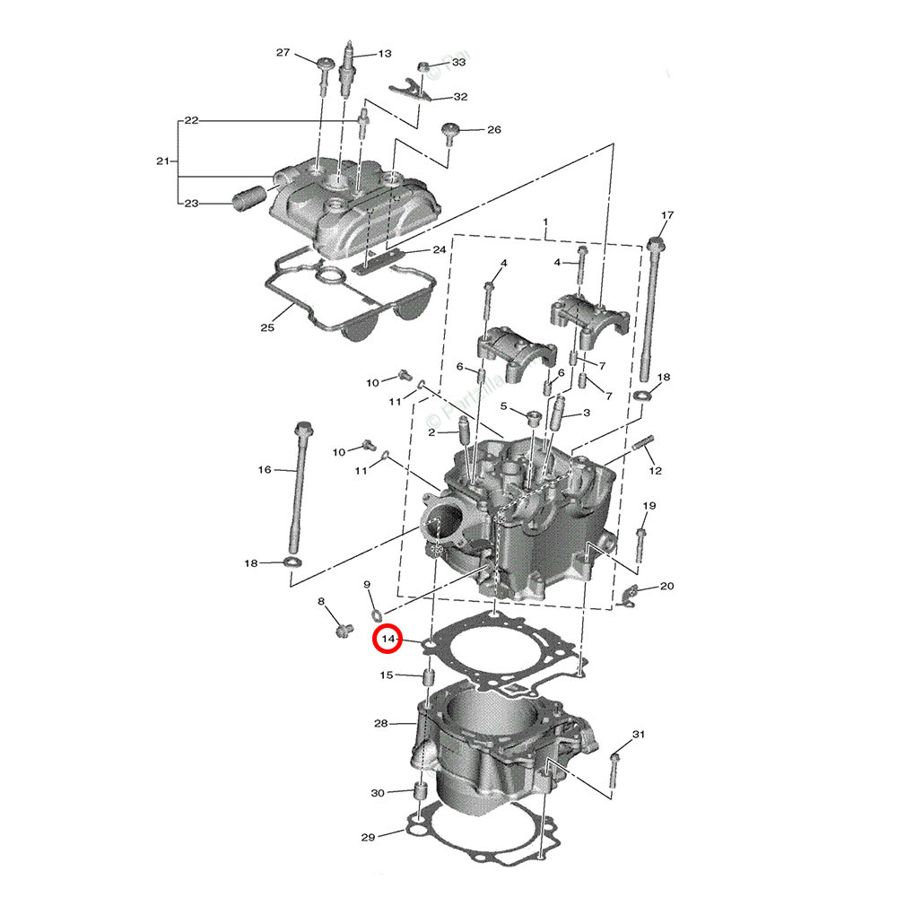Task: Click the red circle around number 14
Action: click(x=388, y=639)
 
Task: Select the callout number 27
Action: click(x=283, y=53)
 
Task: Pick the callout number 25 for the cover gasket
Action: click(x=266, y=327)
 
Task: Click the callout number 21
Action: click(x=162, y=161)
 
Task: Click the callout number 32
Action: click(x=460, y=96)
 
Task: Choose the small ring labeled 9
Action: click(x=377, y=614)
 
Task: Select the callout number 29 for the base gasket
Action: click(x=368, y=838)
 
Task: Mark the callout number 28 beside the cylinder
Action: click(x=380, y=722)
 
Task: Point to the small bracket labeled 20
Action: click(x=631, y=594)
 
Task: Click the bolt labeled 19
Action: click(x=640, y=543)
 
